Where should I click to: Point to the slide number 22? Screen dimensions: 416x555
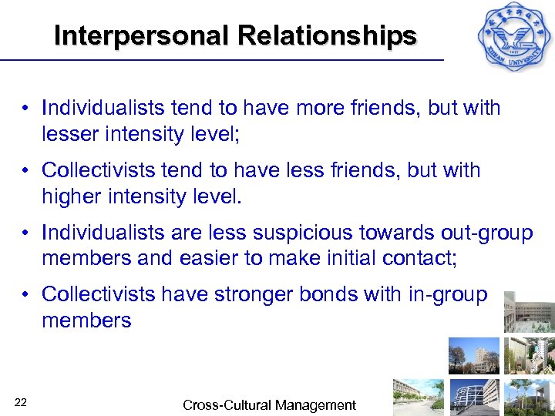[x=21, y=402]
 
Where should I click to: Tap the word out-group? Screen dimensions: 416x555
[x=484, y=233]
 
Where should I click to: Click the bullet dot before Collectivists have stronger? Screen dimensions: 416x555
[x=26, y=295]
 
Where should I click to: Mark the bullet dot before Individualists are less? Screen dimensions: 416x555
[x=26, y=233]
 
